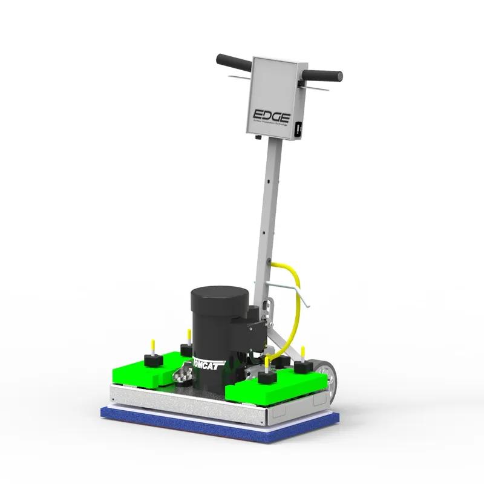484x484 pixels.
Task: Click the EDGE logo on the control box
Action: (273, 115)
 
